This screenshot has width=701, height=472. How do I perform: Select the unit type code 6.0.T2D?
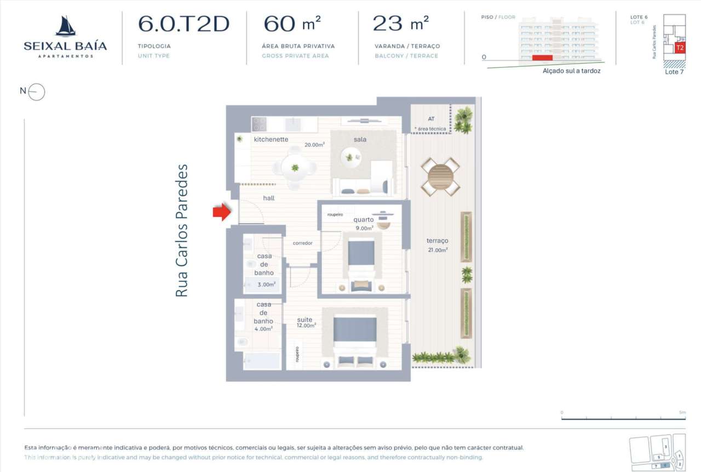pyautogui.click(x=183, y=24)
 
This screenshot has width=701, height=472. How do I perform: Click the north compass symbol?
pyautogui.click(x=36, y=92)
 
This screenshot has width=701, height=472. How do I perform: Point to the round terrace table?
pyautogui.click(x=441, y=177)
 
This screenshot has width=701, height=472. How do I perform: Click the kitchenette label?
pyautogui.click(x=271, y=139)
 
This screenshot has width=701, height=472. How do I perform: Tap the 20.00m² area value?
pyautogui.click(x=315, y=145)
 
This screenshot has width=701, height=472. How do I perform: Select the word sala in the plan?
pyautogui.click(x=360, y=139)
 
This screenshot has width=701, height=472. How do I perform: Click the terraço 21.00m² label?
pyautogui.click(x=438, y=244)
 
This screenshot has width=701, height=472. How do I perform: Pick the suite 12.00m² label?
pyautogui.click(x=306, y=322)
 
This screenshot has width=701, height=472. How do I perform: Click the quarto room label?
pyautogui.click(x=364, y=220)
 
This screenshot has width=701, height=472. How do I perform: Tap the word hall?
pyautogui.click(x=268, y=198)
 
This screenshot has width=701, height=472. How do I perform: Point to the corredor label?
pyautogui.click(x=302, y=243)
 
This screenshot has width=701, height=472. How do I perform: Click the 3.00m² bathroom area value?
pyautogui.click(x=267, y=285)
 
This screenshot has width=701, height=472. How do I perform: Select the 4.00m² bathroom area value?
pyautogui.click(x=263, y=329)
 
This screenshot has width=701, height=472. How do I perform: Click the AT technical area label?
pyautogui.click(x=432, y=118)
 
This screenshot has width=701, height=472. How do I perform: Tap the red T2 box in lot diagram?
pyautogui.click(x=680, y=48)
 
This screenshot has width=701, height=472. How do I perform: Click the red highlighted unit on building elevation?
pyautogui.click(x=542, y=57)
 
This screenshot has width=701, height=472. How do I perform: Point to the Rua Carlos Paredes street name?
pyautogui.click(x=181, y=231)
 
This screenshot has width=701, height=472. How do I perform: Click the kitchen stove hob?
pyautogui.click(x=258, y=124)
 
